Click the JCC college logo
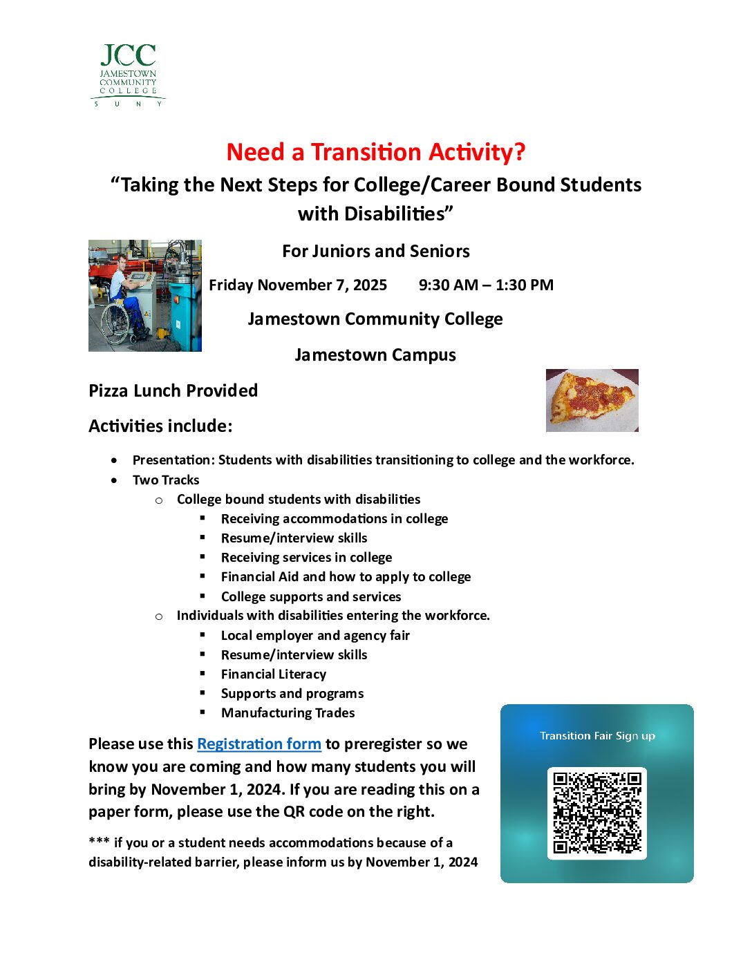[x=128, y=75]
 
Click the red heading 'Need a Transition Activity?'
[x=376, y=152]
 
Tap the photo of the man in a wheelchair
[x=145, y=296]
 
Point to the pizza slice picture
[x=592, y=400]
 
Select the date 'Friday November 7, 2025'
[x=298, y=285]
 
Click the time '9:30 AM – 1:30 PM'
[x=486, y=285]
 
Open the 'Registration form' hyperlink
[x=259, y=744]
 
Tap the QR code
[x=597, y=813]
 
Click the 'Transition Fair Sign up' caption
[x=597, y=736]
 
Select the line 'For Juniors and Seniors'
[x=376, y=252]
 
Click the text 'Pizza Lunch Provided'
[x=173, y=391]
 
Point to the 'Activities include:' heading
[x=160, y=426]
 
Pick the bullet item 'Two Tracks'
[x=166, y=480]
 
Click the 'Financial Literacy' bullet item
[x=274, y=674]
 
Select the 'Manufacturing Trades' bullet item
[x=288, y=713]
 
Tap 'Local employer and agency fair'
[x=315, y=636]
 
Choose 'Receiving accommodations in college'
[x=335, y=519]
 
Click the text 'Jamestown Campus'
[x=375, y=355]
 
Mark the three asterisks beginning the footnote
[x=99, y=842]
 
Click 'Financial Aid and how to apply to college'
[x=346, y=577]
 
